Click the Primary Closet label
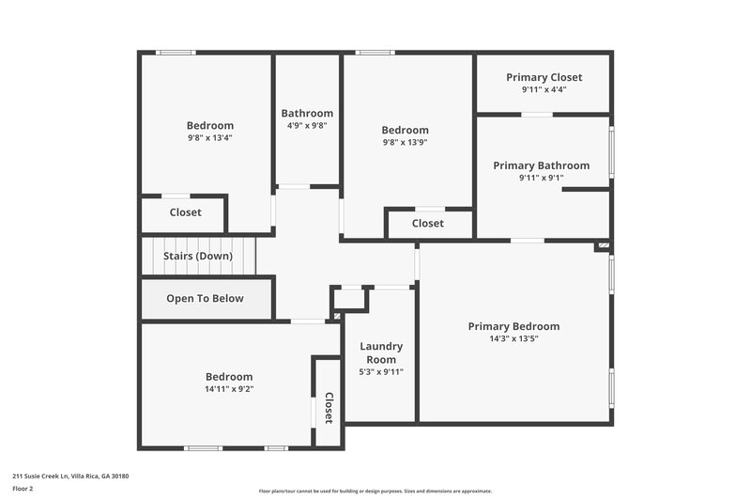click(x=544, y=77)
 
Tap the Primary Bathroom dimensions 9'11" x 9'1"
click(x=541, y=178)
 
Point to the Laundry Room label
click(x=381, y=352)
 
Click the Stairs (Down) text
click(x=198, y=256)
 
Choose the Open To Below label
click(x=205, y=299)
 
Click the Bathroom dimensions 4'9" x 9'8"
click(x=306, y=125)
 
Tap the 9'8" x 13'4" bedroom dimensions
click(x=209, y=137)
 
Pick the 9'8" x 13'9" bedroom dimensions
click(x=405, y=142)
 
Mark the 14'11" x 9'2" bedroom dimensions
click(x=228, y=388)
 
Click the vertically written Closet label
click(x=329, y=408)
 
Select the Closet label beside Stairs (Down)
click(x=185, y=212)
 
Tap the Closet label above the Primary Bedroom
click(x=427, y=224)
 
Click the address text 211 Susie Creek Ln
click(x=70, y=477)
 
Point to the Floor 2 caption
click(x=23, y=489)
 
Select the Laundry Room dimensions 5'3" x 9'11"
click(x=381, y=371)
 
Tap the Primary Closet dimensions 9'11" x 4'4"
click(x=544, y=89)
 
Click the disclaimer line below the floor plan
click(x=375, y=491)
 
